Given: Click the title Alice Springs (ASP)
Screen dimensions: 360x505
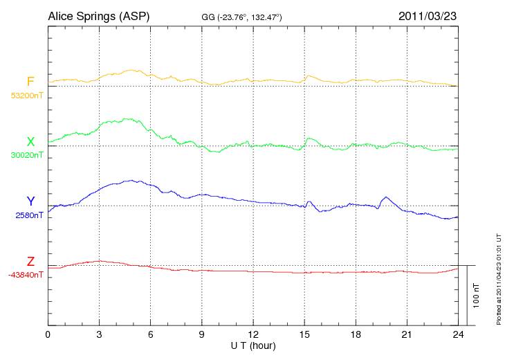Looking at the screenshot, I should (x=98, y=15).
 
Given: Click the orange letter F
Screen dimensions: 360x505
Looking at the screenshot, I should (x=30, y=82).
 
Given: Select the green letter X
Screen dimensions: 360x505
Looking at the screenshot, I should (x=30, y=142).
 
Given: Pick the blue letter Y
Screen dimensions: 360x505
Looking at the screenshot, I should (x=30, y=201).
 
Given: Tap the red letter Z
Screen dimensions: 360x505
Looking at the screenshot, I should (x=30, y=262).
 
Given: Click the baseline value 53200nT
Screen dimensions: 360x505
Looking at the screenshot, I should (x=26, y=96).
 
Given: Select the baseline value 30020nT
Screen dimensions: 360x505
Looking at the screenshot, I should (x=26, y=155).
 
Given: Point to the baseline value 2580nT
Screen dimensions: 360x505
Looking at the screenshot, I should (x=29, y=215).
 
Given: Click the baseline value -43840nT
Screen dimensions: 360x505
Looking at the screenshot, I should (x=26, y=275).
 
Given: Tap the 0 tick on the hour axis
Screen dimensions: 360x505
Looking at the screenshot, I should (x=48, y=334).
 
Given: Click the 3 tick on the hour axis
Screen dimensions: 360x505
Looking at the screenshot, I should (x=100, y=334).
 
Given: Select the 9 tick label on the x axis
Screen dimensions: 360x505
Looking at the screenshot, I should (x=202, y=334).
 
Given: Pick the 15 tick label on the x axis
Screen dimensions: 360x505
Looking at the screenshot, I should (x=304, y=334).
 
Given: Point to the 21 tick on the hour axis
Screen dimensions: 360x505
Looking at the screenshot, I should (x=407, y=334).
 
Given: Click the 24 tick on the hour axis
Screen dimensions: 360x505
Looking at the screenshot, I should (x=458, y=334).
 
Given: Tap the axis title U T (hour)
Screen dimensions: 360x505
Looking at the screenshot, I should (x=253, y=345).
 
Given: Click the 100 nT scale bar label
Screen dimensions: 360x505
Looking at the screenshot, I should (x=476, y=296).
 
